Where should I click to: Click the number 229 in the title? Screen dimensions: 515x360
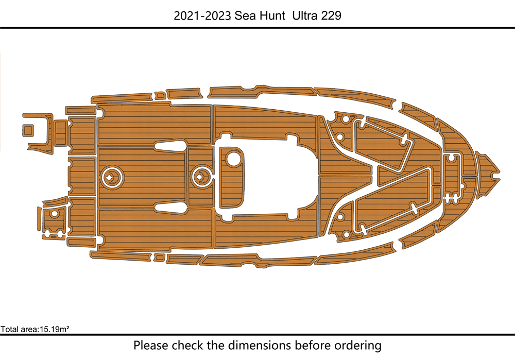pos(331,15)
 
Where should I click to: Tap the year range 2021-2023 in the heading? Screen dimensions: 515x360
pos(202,15)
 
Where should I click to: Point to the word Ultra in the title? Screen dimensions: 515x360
pos(305,15)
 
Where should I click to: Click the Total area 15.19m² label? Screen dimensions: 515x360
pos(35,329)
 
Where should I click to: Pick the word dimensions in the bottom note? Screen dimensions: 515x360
pos(259,346)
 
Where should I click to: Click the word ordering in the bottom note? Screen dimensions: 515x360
pos(358,346)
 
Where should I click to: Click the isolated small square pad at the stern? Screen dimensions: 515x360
pos(28,130)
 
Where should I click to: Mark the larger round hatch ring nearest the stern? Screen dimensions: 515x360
pos(113,177)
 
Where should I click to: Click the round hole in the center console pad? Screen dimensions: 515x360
pos(234,158)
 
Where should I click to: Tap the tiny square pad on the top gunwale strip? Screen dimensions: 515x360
pos(160,96)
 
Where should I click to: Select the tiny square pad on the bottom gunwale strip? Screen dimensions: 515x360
pos(160,257)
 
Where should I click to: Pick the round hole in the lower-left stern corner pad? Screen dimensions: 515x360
pos(55,214)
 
